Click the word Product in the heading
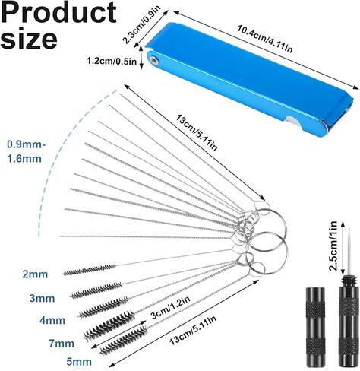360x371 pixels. (x=58, y=13)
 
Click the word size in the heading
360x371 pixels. (x=29, y=39)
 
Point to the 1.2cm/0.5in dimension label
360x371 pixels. (x=112, y=62)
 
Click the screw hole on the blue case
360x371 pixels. (x=153, y=60)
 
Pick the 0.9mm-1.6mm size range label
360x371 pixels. (x=26, y=151)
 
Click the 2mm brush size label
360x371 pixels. (x=35, y=274)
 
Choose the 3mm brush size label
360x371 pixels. (x=42, y=298)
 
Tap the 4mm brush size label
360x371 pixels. (x=52, y=320)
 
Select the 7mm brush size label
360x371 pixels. (x=62, y=344)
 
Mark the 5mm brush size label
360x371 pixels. (x=79, y=362)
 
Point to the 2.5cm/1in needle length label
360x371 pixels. (x=333, y=246)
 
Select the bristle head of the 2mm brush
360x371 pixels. (x=89, y=270)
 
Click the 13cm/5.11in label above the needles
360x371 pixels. (x=197, y=133)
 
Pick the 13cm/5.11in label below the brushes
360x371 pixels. (x=193, y=330)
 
